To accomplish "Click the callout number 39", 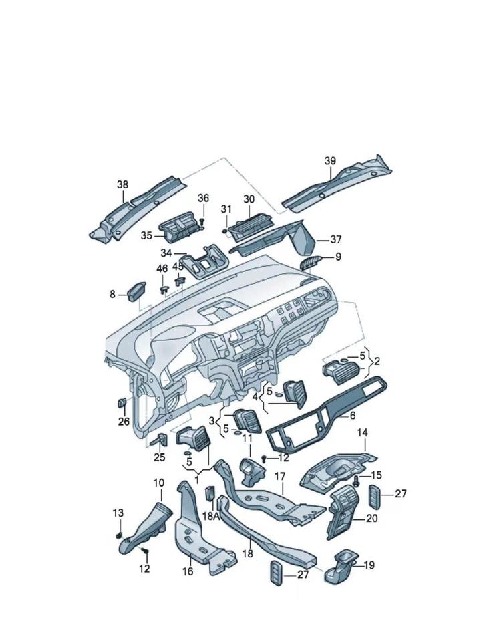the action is click(330, 161).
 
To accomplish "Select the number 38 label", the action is click(122, 185).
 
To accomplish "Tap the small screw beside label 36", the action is click(202, 221).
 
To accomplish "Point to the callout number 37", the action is click(335, 239).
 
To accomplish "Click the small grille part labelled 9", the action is click(312, 261).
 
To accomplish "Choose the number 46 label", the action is click(162, 269).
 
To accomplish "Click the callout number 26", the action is click(124, 421).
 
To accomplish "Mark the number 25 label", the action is click(159, 457).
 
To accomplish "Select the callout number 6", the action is click(352, 415).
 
